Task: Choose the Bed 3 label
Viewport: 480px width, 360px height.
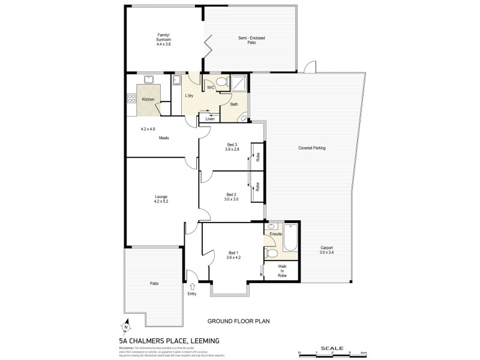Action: point(232,144)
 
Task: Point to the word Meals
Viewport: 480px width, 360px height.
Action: point(164,138)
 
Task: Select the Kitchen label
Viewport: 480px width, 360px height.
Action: point(148,99)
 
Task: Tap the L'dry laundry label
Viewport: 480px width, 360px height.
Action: point(189,96)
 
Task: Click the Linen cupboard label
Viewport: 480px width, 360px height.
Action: point(209,119)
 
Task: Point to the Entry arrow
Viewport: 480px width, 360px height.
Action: point(192,286)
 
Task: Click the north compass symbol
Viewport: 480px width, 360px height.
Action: point(127,328)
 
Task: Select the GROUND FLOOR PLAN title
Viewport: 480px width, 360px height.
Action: point(238,322)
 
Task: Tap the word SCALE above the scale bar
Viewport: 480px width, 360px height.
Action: point(331,347)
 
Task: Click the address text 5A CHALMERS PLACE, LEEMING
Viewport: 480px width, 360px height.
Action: point(169,340)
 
